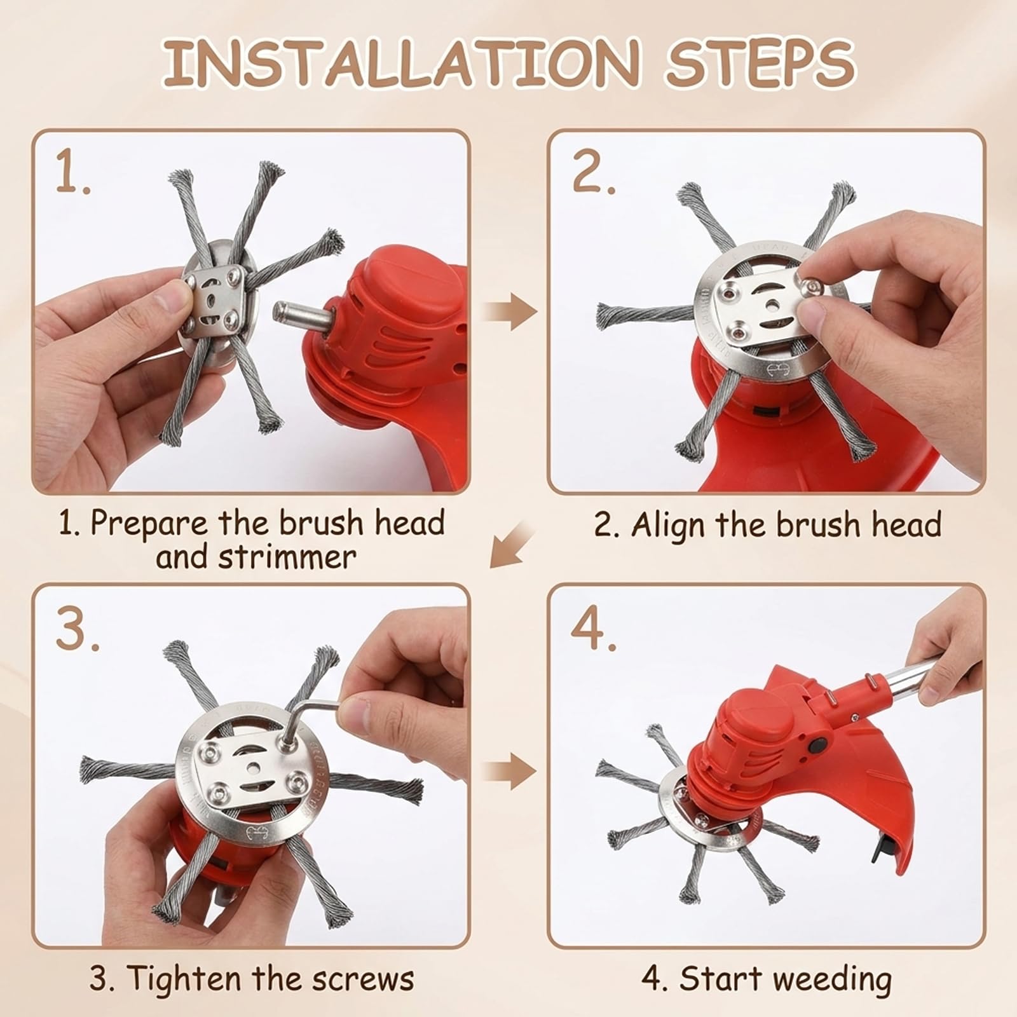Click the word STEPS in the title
click(x=760, y=64)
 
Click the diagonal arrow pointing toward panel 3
click(x=512, y=543)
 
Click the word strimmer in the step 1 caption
click(x=287, y=557)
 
